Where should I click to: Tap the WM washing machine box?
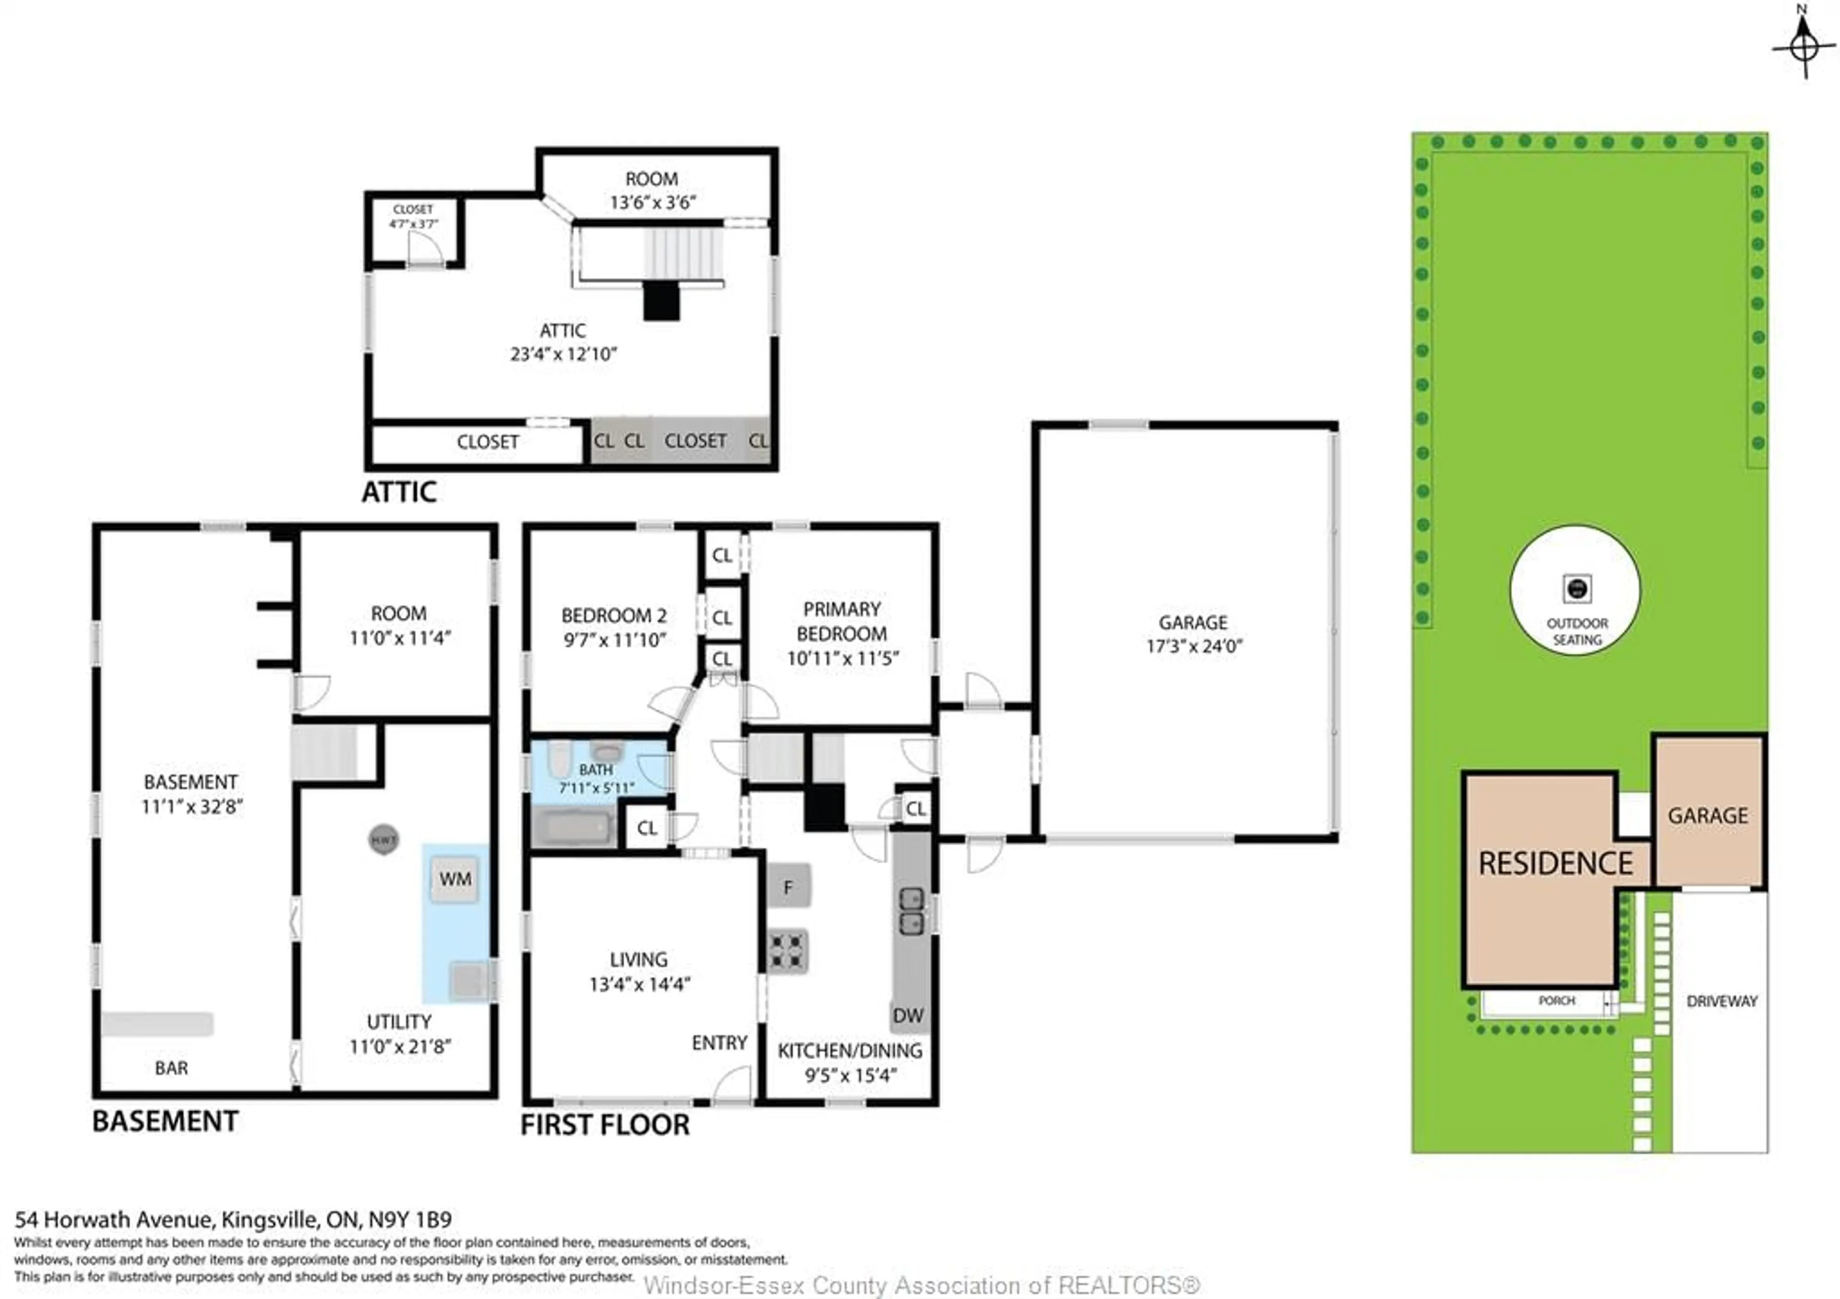tap(454, 879)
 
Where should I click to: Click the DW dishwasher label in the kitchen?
tap(908, 1015)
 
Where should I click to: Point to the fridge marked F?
tap(789, 886)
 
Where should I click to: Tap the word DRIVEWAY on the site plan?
tap(1721, 1001)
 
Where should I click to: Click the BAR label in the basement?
tap(171, 1068)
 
